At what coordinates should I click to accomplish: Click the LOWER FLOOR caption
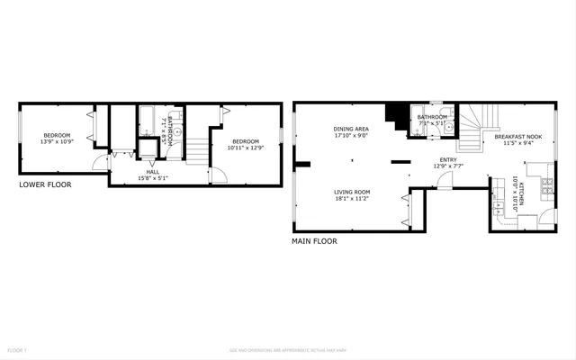coord(45,184)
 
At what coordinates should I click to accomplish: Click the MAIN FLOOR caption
coord(314,241)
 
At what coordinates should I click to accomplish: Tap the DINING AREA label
coord(351,130)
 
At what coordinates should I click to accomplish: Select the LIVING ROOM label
coord(352,192)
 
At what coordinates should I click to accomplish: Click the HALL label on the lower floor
coord(153,171)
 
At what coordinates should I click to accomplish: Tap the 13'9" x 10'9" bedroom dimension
coord(56,142)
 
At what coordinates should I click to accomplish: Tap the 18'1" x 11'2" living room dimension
coord(352,199)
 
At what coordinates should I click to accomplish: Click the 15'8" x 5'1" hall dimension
coord(153,178)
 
